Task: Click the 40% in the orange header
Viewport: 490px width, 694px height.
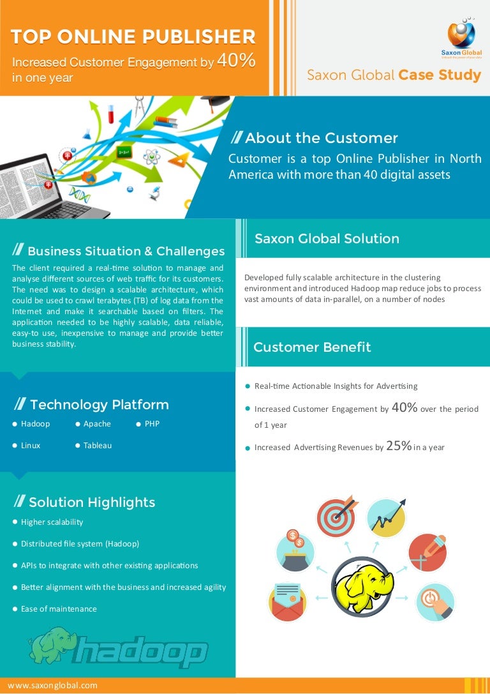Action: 236,61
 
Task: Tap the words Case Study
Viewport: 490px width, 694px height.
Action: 440,75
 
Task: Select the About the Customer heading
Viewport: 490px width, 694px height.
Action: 321,138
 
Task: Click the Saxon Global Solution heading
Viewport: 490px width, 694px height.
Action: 327,239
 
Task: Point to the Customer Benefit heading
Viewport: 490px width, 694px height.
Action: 312,347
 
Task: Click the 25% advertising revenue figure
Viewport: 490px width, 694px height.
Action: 399,446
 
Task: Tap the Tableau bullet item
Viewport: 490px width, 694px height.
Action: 97,445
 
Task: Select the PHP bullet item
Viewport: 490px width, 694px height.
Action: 152,423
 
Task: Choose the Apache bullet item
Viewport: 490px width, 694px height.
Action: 97,423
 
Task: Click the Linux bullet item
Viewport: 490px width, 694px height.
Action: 31,445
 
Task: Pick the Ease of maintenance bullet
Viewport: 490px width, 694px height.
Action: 59,608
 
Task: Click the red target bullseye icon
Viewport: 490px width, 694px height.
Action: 336,517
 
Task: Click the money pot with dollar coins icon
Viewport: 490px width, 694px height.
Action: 295,552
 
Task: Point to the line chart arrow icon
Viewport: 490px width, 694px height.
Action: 386,517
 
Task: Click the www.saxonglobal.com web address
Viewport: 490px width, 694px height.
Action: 52,685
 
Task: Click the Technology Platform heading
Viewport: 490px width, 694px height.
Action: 99,405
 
